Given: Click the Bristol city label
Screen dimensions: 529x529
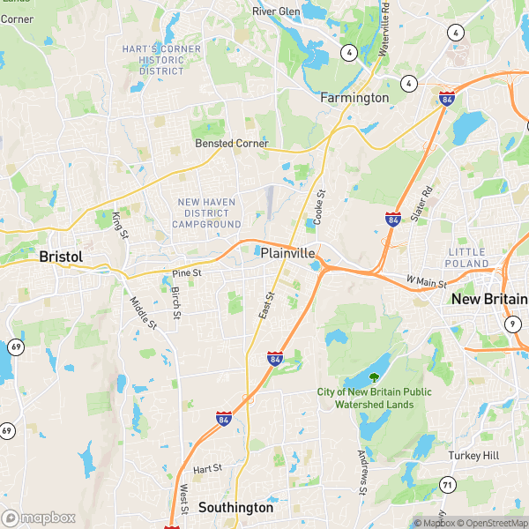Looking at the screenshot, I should (x=61, y=257).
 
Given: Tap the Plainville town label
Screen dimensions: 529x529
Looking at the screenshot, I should (x=287, y=253).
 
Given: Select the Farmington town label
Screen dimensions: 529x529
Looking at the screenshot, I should (x=354, y=97).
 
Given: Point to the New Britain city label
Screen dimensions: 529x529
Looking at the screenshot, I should (x=489, y=300).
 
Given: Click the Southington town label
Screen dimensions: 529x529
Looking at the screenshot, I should (x=235, y=508).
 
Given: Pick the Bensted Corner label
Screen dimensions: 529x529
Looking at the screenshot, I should (x=231, y=144).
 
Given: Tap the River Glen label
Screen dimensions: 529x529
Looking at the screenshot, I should (x=277, y=11).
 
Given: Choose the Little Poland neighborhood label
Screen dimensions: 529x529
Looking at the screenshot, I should (x=468, y=257).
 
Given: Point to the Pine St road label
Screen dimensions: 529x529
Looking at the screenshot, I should (x=187, y=273).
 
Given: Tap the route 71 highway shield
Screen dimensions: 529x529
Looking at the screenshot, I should (x=448, y=484).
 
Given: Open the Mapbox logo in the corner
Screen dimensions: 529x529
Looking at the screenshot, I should (x=39, y=518).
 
